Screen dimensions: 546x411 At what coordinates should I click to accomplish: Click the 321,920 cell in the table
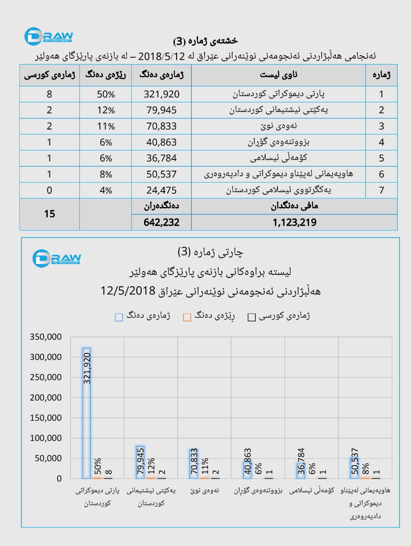pyautogui.click(x=161, y=94)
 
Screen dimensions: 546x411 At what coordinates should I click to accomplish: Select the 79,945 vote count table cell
pyautogui.click(x=161, y=110)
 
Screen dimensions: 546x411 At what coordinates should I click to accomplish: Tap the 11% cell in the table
pyautogui.click(x=106, y=126)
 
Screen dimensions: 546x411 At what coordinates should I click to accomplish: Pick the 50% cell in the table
pyautogui.click(x=106, y=94)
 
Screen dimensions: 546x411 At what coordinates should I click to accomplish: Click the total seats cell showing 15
pyautogui.click(x=49, y=214)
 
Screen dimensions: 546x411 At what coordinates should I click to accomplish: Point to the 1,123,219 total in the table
pyautogui.click(x=294, y=222)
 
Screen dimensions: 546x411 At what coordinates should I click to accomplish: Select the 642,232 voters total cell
pyautogui.click(x=161, y=222)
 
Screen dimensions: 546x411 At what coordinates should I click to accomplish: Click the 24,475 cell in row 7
pyautogui.click(x=161, y=190)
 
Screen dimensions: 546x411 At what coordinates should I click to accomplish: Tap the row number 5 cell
pyautogui.click(x=381, y=158)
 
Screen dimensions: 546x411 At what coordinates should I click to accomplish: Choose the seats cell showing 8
pyautogui.click(x=49, y=94)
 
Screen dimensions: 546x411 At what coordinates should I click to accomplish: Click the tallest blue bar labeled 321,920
pyautogui.click(x=87, y=413)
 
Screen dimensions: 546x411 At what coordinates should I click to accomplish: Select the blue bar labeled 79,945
pyautogui.click(x=140, y=462)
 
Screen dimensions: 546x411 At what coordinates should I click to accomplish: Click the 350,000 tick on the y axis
pyautogui.click(x=46, y=337)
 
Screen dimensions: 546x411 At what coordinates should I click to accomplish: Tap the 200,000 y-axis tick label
pyautogui.click(x=46, y=398)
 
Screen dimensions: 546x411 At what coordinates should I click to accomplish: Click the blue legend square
pyautogui.click(x=119, y=317)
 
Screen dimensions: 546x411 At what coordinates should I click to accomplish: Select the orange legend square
pyautogui.click(x=187, y=317)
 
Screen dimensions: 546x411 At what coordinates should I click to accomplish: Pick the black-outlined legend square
pyautogui.click(x=252, y=317)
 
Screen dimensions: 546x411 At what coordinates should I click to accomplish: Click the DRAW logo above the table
pyautogui.click(x=49, y=36)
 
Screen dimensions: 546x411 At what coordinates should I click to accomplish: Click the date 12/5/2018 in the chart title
pyautogui.click(x=128, y=291)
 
